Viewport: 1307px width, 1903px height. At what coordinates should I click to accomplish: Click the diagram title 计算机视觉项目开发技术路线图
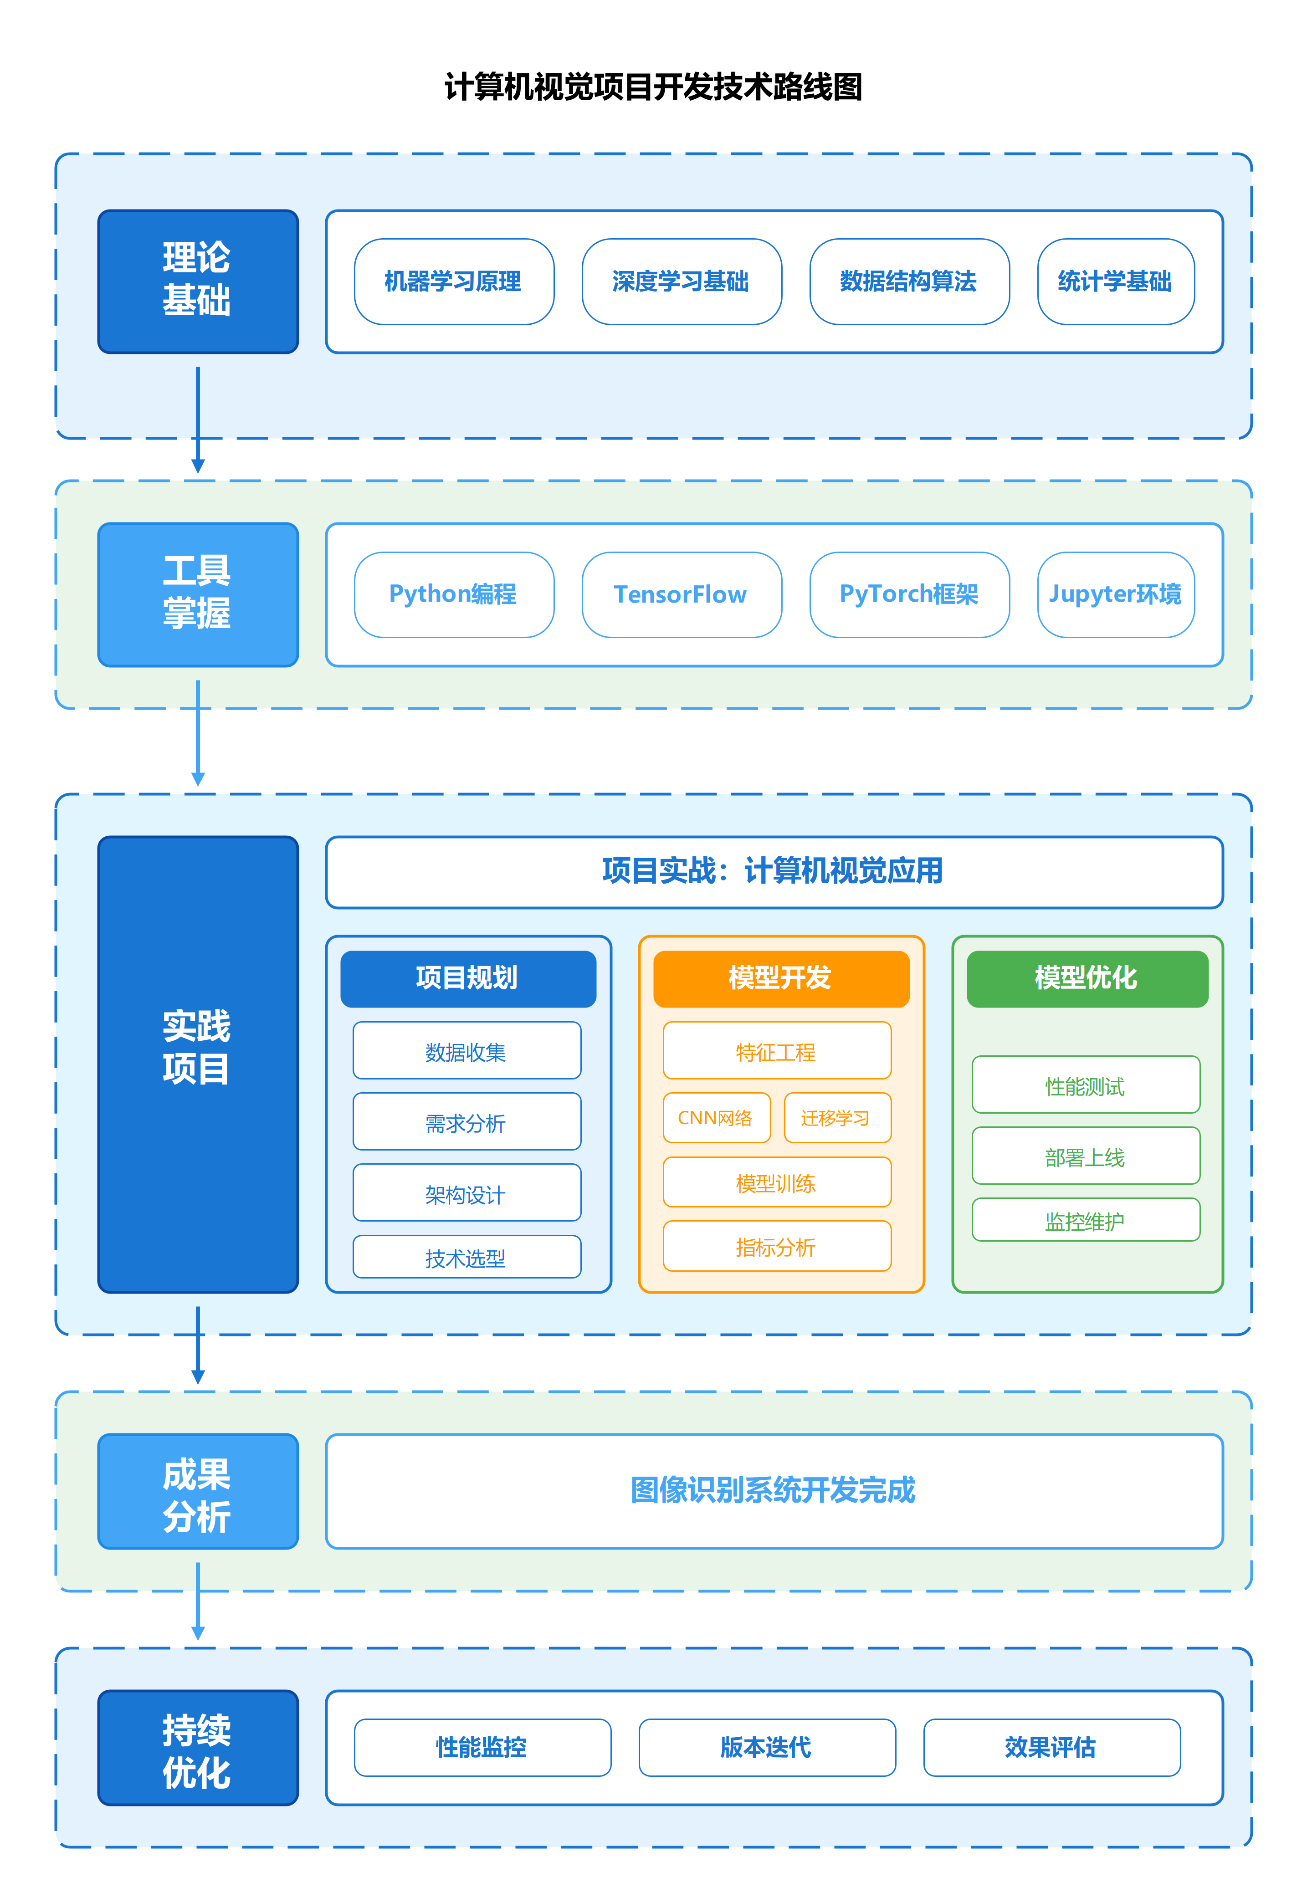click(653, 87)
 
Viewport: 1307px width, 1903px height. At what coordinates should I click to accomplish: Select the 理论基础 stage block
click(197, 281)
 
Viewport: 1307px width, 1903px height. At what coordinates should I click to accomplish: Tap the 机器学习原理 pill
click(454, 281)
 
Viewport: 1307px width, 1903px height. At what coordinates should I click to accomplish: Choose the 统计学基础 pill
click(1115, 281)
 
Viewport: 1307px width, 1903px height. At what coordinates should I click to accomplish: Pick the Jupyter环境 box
click(1115, 594)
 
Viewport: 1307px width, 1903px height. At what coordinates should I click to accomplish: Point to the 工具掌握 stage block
click(197, 594)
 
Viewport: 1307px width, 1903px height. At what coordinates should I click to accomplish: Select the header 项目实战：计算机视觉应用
click(773, 871)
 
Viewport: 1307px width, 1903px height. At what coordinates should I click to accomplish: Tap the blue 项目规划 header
click(467, 978)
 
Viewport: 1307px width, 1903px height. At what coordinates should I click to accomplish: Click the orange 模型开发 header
click(780, 978)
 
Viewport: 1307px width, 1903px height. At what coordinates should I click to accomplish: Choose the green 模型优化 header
click(1086, 978)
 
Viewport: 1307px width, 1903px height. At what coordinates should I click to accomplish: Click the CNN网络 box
click(716, 1118)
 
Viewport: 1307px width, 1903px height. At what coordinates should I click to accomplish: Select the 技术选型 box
click(466, 1257)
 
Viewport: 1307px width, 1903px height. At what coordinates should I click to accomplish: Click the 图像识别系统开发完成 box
click(773, 1490)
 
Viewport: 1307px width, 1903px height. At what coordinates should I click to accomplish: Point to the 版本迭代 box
click(767, 1747)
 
